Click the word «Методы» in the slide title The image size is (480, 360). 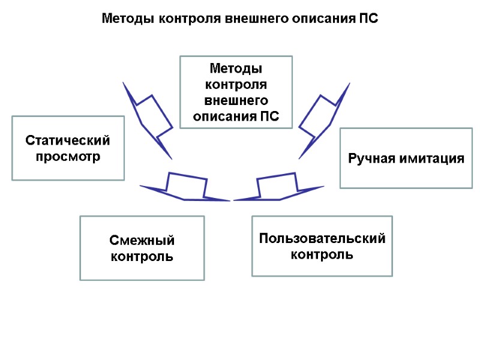(124, 19)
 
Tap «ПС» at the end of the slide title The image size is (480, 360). (370, 19)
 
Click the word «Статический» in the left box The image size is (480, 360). (68, 140)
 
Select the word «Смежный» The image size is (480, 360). (142, 241)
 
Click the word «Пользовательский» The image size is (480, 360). (322, 238)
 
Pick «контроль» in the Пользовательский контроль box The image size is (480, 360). (322, 254)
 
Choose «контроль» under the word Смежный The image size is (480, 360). (142, 257)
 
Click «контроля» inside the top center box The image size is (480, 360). (236, 84)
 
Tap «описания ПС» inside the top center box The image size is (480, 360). (236, 115)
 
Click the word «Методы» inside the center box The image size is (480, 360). (236, 68)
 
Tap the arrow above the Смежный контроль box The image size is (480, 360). (185, 187)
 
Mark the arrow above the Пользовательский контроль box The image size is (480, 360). (278, 187)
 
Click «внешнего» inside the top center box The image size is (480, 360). (236, 100)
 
